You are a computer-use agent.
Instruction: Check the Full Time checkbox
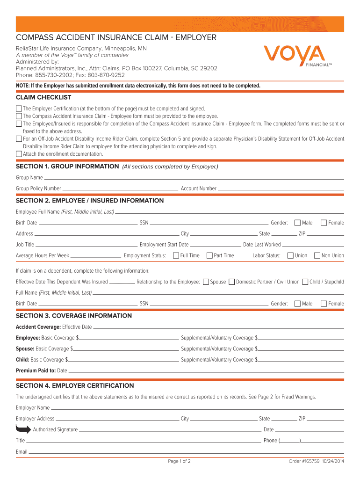(176, 255)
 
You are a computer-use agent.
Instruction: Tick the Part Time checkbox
(209, 255)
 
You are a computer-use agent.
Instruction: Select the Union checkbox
(290, 255)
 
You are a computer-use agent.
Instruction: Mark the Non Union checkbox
(317, 255)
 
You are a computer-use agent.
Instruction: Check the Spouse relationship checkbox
(206, 282)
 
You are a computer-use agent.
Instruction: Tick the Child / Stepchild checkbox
(305, 282)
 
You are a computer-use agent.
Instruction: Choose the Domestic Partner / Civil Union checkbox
(231, 282)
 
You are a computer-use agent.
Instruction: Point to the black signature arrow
(23, 429)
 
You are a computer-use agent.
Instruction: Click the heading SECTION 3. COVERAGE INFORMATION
(74, 316)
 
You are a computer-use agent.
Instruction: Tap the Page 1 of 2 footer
(179, 461)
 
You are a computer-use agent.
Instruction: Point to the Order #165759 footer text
(316, 461)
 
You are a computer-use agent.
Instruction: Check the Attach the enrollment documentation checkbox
(19, 154)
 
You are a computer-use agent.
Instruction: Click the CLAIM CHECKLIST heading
(43, 97)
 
